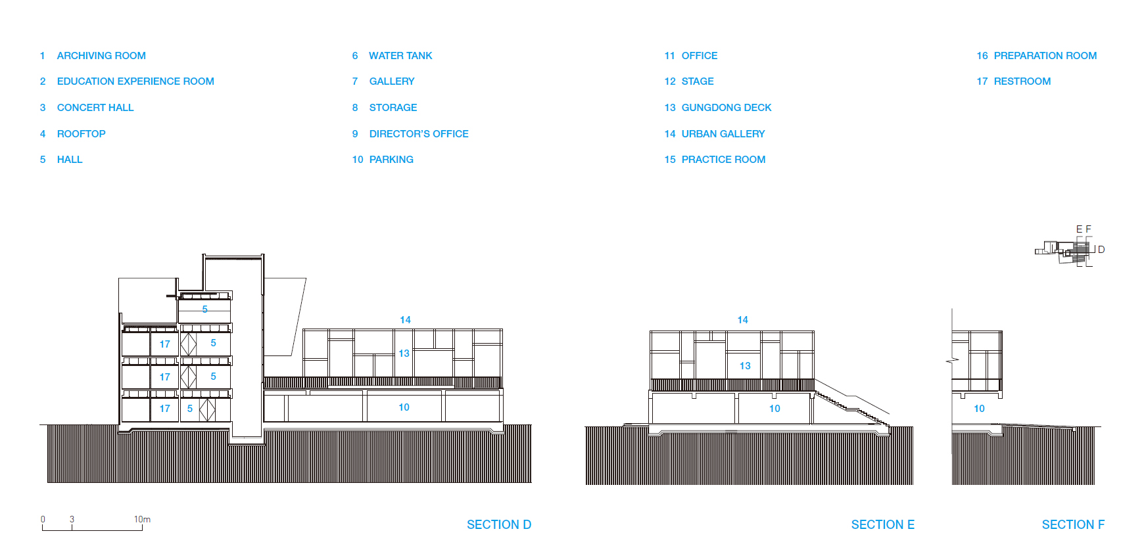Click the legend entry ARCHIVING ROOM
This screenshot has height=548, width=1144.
click(x=101, y=56)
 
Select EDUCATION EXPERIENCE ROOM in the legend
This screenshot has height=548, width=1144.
click(x=135, y=81)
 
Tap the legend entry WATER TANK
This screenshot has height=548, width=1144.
click(x=400, y=56)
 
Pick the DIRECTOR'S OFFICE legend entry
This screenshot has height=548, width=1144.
click(x=419, y=134)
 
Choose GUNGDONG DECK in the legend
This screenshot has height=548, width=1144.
click(x=726, y=108)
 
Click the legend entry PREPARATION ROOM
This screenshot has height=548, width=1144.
click(x=1045, y=56)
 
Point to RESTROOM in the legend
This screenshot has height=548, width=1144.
click(x=1022, y=81)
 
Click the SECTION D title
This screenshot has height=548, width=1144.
click(x=498, y=524)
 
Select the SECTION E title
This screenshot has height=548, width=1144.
click(x=882, y=524)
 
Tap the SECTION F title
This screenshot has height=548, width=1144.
click(x=1073, y=524)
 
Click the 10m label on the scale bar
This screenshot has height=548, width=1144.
click(x=142, y=519)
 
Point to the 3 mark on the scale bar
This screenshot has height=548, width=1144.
click(x=72, y=519)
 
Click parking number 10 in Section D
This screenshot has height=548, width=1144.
click(x=404, y=407)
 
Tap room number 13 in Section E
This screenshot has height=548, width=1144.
click(x=745, y=366)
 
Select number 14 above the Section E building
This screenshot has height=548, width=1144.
click(x=742, y=320)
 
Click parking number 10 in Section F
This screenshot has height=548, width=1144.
click(x=979, y=409)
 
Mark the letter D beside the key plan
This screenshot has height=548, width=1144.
click(x=1101, y=250)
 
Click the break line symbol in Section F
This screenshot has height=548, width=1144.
click(x=952, y=360)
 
